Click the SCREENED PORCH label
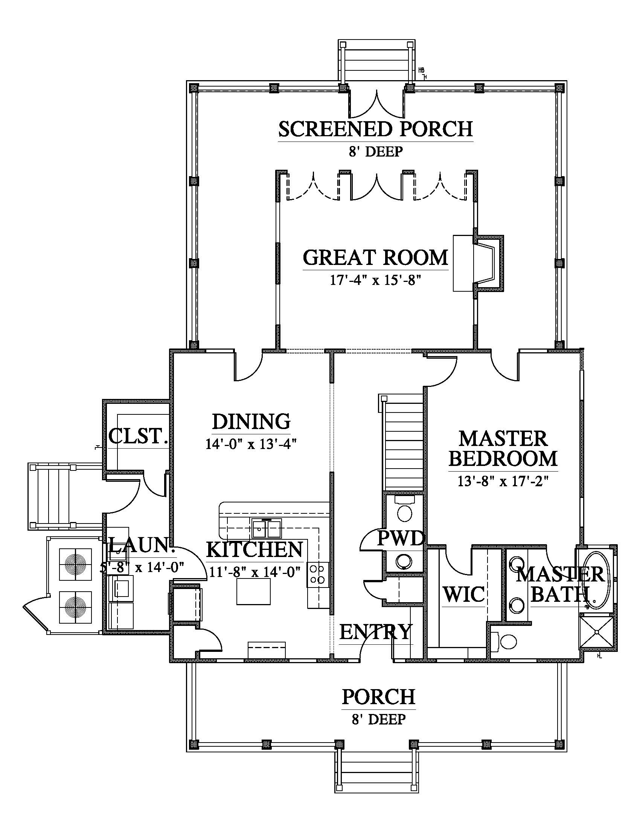click(376, 129)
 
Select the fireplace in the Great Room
click(479, 263)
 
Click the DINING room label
click(251, 422)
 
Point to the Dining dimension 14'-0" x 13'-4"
click(251, 444)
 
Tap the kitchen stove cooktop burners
click(317, 574)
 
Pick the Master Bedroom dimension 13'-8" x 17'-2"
click(503, 481)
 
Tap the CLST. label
click(138, 436)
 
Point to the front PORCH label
click(379, 697)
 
